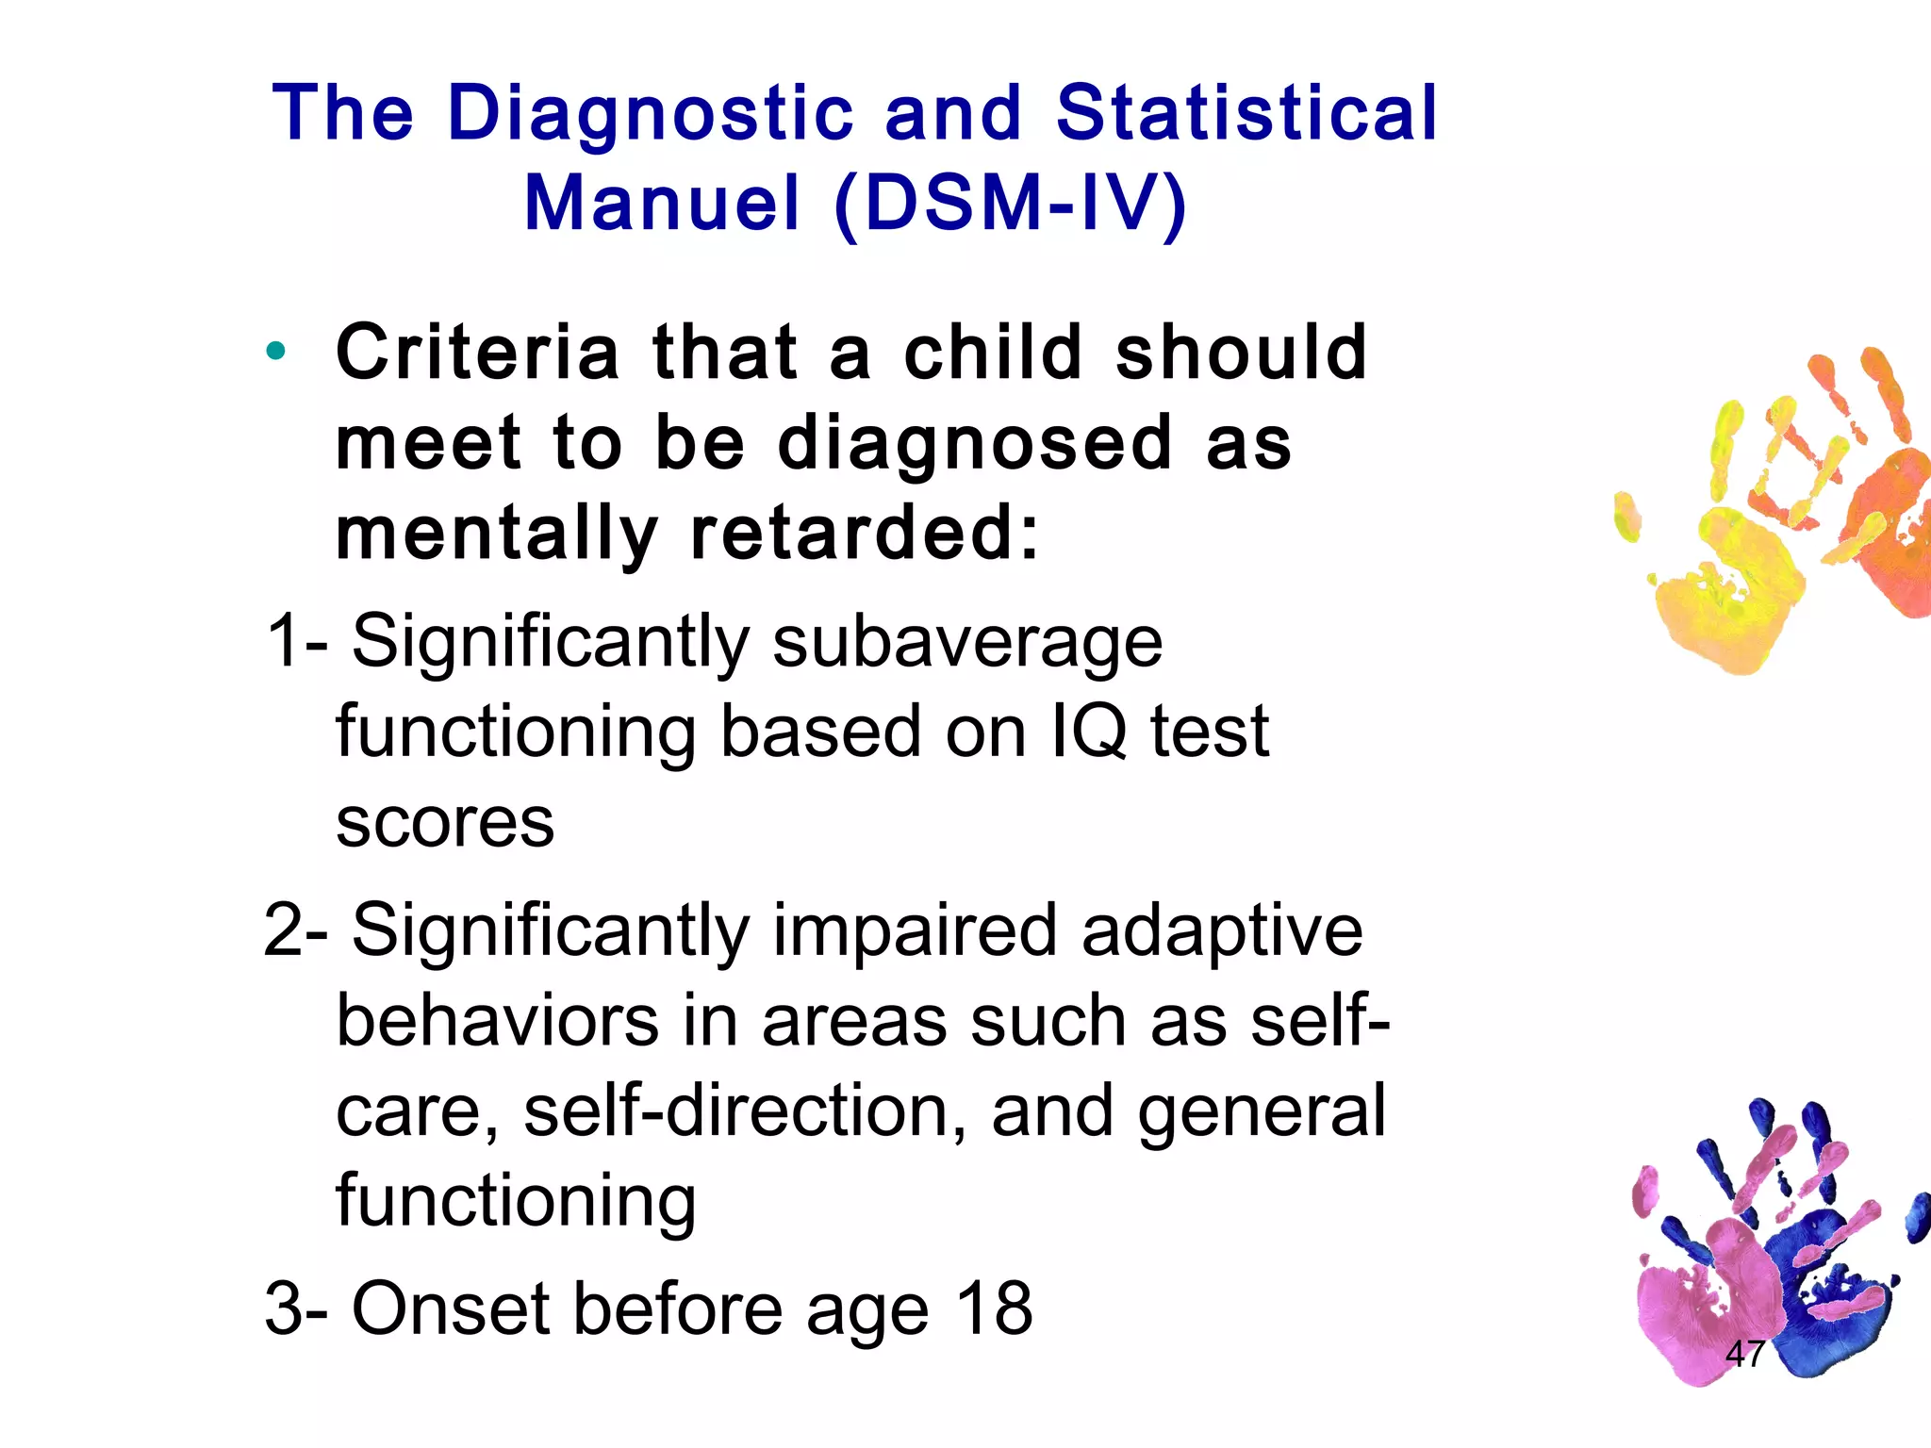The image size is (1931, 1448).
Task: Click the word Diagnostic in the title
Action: (x=651, y=115)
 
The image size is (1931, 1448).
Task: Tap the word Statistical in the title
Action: (x=1246, y=113)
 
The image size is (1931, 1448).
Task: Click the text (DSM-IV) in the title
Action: (x=1010, y=204)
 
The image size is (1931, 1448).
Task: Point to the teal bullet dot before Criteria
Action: (x=275, y=352)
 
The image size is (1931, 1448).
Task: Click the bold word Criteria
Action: (x=477, y=352)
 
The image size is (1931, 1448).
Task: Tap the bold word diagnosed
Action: (x=975, y=443)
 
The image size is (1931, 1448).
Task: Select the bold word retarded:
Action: (x=865, y=534)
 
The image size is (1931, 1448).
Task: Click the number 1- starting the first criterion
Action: (x=296, y=641)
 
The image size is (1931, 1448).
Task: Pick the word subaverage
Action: (x=967, y=643)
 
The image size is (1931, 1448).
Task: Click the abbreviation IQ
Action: (x=1088, y=732)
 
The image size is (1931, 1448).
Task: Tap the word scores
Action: (x=445, y=822)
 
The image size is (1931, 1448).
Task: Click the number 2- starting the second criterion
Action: (x=296, y=930)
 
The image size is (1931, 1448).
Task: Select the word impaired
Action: (x=915, y=930)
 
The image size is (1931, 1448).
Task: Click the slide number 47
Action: (x=1744, y=1354)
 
